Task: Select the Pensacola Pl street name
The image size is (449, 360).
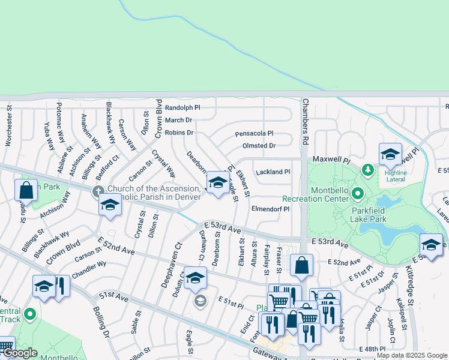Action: click(254, 133)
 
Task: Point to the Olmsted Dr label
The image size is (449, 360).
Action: click(259, 146)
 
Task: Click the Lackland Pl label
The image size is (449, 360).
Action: click(273, 172)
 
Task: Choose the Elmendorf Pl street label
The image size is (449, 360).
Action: click(270, 209)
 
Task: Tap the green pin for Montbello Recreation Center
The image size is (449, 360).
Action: click(358, 193)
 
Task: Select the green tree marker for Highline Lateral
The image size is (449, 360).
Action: click(367, 171)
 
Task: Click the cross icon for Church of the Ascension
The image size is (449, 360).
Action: click(97, 192)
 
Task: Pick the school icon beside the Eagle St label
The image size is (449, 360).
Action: click(217, 182)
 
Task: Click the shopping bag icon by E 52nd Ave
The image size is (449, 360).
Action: click(301, 265)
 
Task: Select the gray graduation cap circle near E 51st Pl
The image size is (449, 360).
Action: click(200, 301)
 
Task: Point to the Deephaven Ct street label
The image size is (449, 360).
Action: click(169, 265)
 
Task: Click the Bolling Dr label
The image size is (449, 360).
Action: click(100, 321)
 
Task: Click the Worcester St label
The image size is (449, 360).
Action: click(8, 127)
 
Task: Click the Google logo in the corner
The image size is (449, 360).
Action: click(19, 353)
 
